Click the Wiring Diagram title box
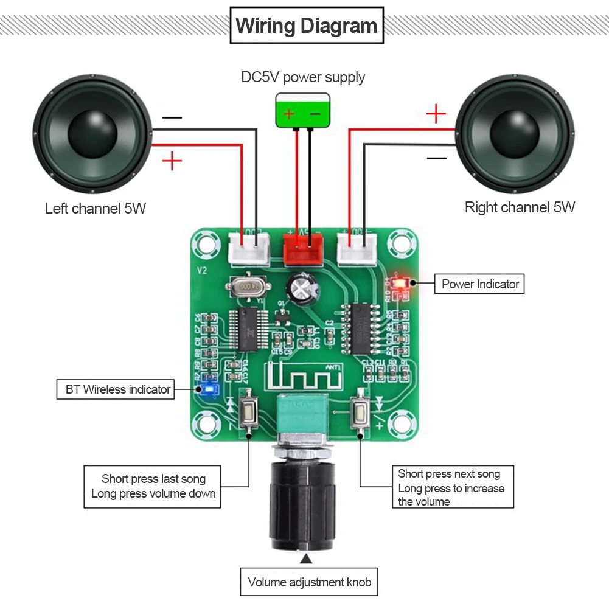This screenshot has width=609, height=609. click(307, 26)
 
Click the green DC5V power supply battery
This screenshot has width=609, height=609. click(302, 111)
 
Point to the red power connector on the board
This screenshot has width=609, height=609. click(302, 247)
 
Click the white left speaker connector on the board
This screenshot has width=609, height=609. click(249, 248)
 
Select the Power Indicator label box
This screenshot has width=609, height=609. click(479, 284)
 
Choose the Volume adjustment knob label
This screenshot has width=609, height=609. click(309, 582)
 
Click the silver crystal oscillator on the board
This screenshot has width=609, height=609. click(247, 285)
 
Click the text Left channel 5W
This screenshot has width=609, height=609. click(96, 209)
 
